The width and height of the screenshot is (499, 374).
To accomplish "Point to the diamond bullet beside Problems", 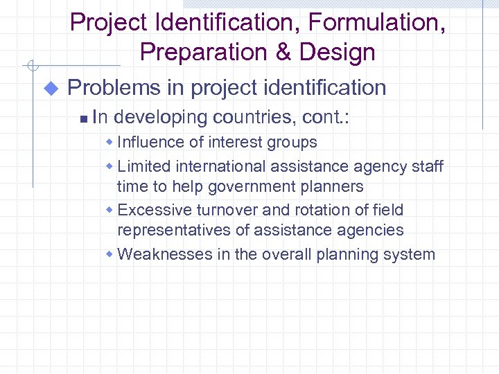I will pyautogui.click(x=51, y=89).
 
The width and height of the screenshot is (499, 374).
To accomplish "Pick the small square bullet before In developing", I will pyautogui.click(x=83, y=119).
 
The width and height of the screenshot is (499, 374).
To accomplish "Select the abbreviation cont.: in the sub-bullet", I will pyautogui.click(x=326, y=118).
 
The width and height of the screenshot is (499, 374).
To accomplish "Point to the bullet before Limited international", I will pyautogui.click(x=111, y=167).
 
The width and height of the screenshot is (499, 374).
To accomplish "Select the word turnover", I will pyautogui.click(x=227, y=210).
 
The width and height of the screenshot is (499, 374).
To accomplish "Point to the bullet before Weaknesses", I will pyautogui.click(x=111, y=255).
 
